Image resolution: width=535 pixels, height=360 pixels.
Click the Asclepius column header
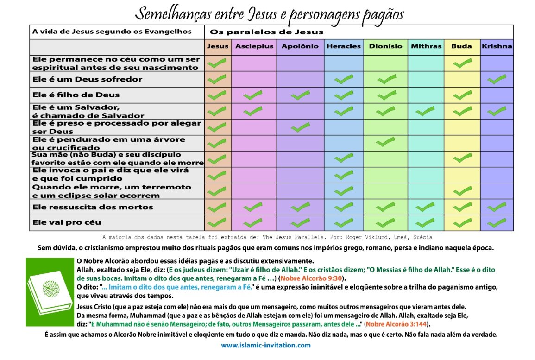click(x=254, y=46)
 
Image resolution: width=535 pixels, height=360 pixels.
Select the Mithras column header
click(x=426, y=46)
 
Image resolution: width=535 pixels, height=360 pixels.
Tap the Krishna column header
click(x=497, y=46)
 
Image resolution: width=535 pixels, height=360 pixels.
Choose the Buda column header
click(x=461, y=46)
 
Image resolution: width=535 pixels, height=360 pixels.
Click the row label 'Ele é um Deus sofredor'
click(x=87, y=79)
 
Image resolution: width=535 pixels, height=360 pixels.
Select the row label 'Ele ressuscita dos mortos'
click(x=93, y=207)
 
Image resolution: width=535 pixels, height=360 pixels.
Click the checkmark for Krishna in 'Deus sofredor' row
click(x=497, y=79)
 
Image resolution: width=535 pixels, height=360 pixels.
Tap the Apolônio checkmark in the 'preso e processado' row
click(x=300, y=127)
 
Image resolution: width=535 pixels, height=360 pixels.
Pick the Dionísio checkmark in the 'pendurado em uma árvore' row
click(x=386, y=142)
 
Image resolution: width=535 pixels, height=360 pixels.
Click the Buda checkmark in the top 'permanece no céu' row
click(x=462, y=63)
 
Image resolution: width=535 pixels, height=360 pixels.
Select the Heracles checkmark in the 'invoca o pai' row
click(x=344, y=175)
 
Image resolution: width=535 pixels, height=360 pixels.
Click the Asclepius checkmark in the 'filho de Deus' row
click(x=253, y=96)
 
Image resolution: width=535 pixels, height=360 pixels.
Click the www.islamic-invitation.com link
click(x=265, y=345)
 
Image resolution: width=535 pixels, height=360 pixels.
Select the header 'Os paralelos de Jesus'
click(x=266, y=32)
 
